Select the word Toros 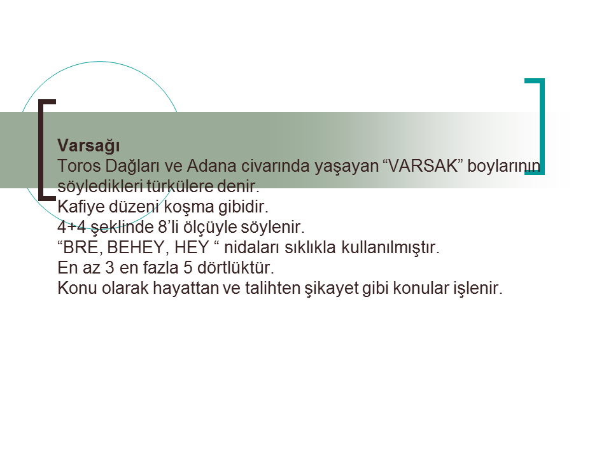[x=79, y=166]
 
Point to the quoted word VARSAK [x=423, y=166]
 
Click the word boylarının [x=504, y=167]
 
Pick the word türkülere [x=179, y=186]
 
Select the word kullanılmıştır [x=390, y=247]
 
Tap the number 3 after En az [x=109, y=268]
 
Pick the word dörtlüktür [x=235, y=268]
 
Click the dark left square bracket [x=41, y=150]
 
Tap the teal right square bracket [x=542, y=127]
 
